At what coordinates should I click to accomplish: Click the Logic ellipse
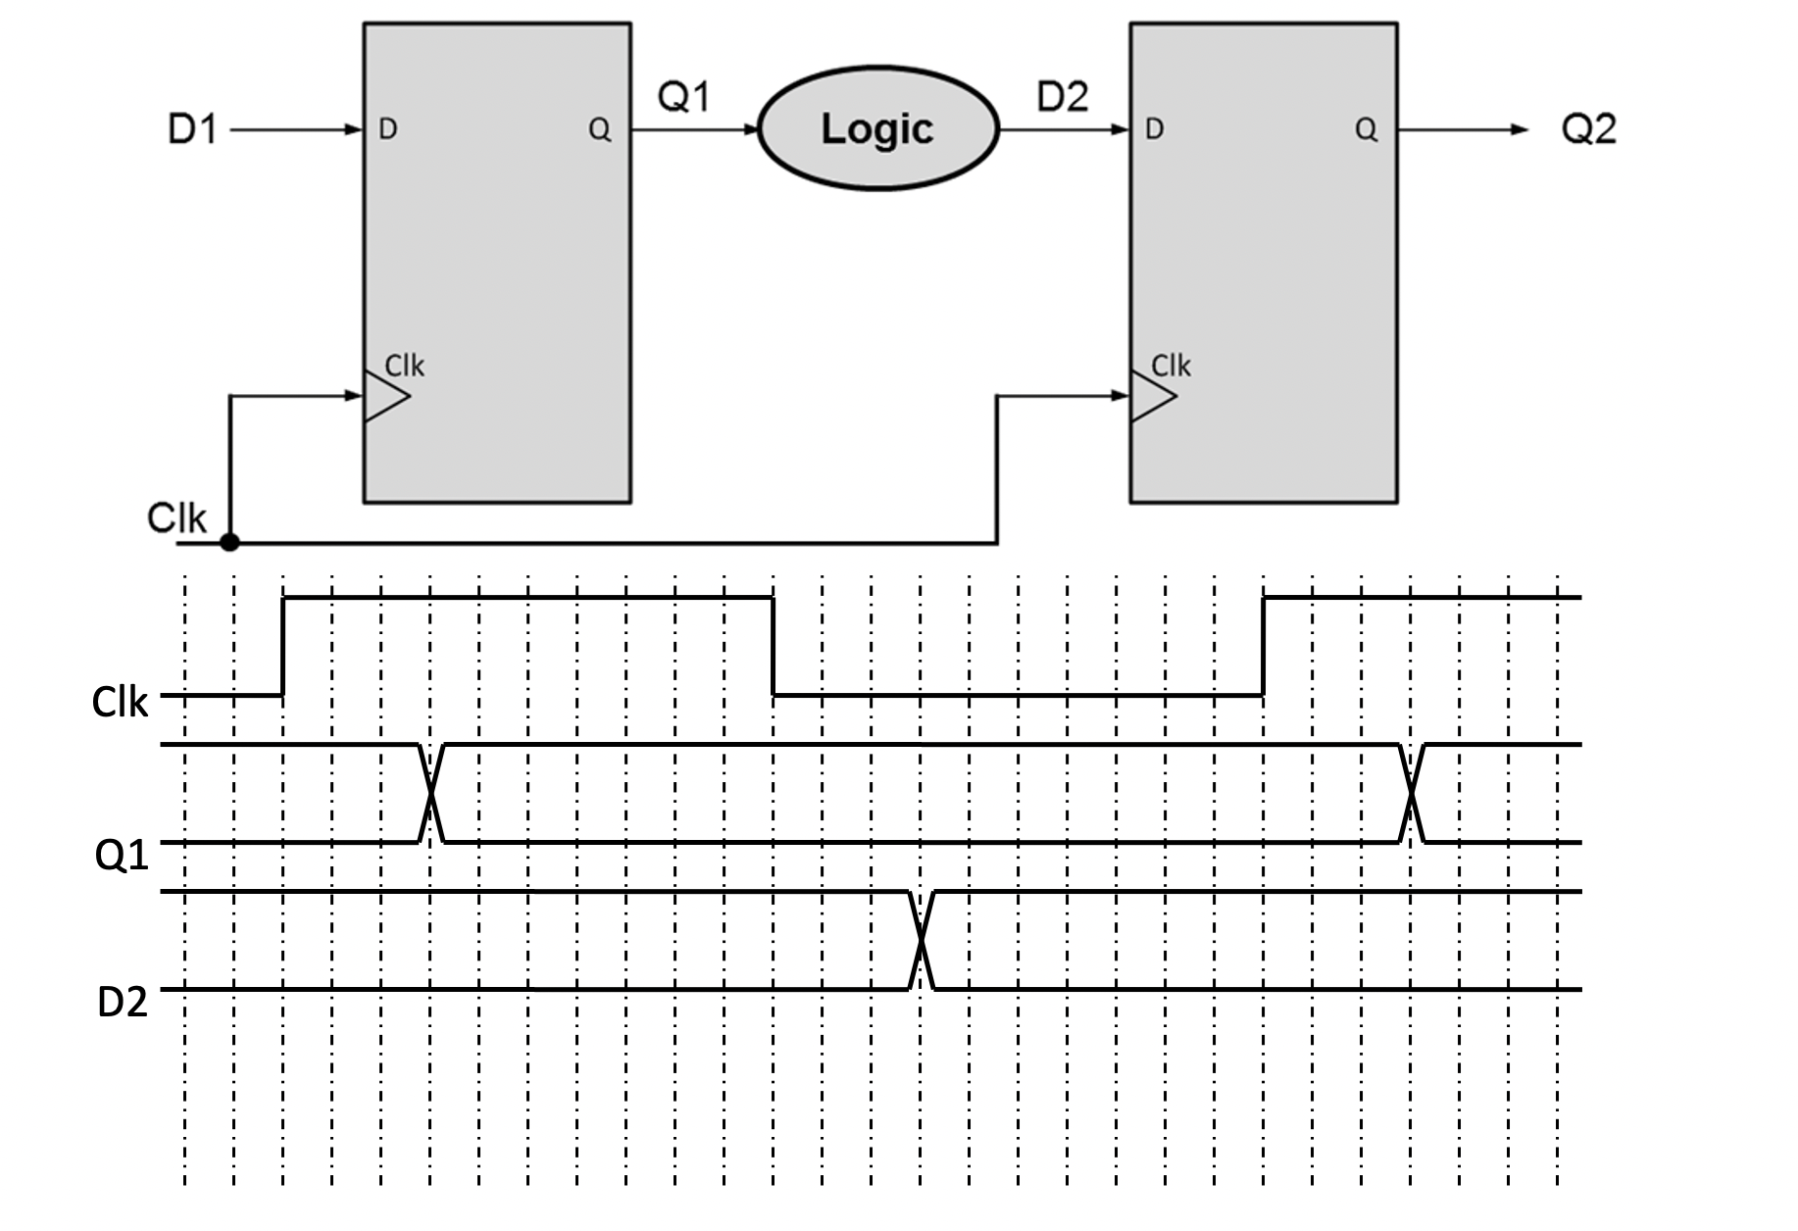click(x=877, y=128)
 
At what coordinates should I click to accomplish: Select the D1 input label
click(x=192, y=129)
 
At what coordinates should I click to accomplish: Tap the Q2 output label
click(x=1588, y=129)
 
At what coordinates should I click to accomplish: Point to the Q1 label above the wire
click(x=683, y=96)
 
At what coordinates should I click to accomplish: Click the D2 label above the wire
click(x=1063, y=96)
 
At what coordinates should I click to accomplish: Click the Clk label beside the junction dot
click(x=176, y=517)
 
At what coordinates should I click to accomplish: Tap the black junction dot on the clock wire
click(x=229, y=542)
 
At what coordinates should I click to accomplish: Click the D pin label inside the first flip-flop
click(x=387, y=129)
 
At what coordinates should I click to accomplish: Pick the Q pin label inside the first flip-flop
click(x=599, y=129)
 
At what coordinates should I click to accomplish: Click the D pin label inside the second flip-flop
click(x=1154, y=129)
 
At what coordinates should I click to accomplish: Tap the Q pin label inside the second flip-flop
click(x=1366, y=129)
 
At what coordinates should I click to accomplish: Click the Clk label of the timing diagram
click(x=119, y=703)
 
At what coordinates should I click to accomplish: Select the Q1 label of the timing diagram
click(x=122, y=856)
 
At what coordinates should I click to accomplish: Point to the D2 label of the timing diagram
click(x=123, y=1002)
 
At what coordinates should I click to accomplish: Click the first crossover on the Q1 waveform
click(x=431, y=793)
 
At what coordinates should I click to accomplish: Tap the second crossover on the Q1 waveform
click(x=1412, y=793)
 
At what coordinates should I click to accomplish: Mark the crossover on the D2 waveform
click(x=922, y=941)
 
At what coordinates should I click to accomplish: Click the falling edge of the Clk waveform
click(x=774, y=646)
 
